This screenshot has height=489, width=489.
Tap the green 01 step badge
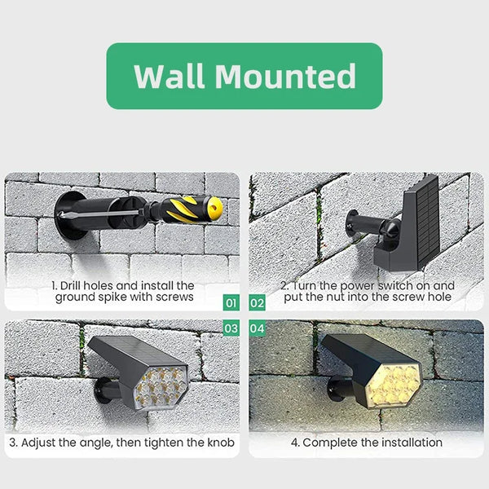pos(231,303)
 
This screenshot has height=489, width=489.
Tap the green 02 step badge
pos(258,303)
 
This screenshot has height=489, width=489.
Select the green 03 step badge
pos(231,328)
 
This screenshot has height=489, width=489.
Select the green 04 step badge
pos(258,328)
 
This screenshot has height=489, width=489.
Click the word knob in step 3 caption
pos(220,443)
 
